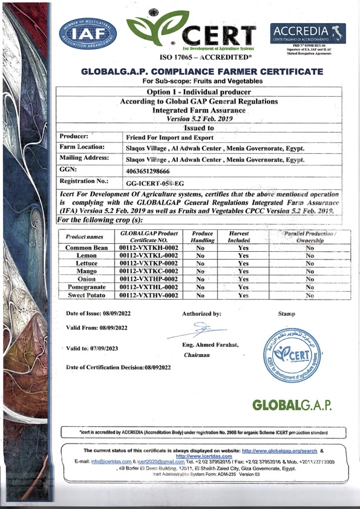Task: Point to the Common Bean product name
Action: click(87, 248)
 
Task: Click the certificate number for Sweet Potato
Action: click(149, 295)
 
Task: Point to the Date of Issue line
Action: click(98, 314)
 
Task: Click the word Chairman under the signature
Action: click(197, 355)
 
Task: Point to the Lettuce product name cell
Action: click(87, 264)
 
